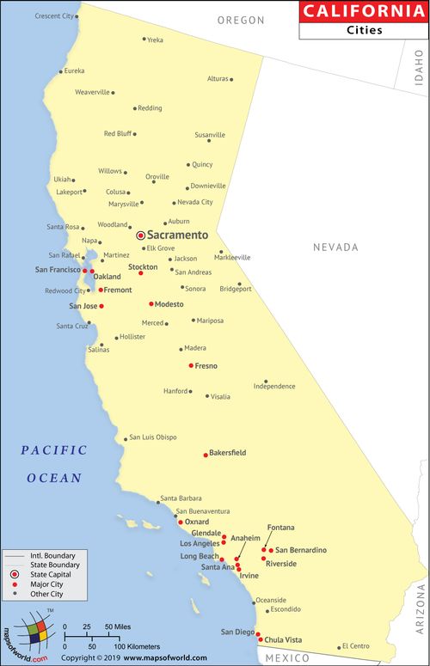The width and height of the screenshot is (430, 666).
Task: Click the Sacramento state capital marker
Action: [x=141, y=235]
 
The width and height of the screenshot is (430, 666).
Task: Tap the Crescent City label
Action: [x=54, y=16]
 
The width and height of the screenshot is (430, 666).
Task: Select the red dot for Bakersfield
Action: [x=206, y=455]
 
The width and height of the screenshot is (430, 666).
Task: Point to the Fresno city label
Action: [x=206, y=366]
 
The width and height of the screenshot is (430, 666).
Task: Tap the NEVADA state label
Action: [x=335, y=247]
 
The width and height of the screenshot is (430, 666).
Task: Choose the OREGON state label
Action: [x=241, y=20]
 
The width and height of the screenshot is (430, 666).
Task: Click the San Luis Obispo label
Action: [x=153, y=437]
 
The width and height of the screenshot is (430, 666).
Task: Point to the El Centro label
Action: [x=355, y=646]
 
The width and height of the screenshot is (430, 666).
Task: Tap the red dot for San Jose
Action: [x=101, y=306]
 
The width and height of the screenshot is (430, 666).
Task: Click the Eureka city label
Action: [x=75, y=70]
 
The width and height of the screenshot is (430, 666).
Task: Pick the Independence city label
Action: [x=274, y=387]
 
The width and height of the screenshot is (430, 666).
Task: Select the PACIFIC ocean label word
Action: [x=54, y=449]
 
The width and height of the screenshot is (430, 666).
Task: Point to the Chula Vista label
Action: [x=283, y=639]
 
